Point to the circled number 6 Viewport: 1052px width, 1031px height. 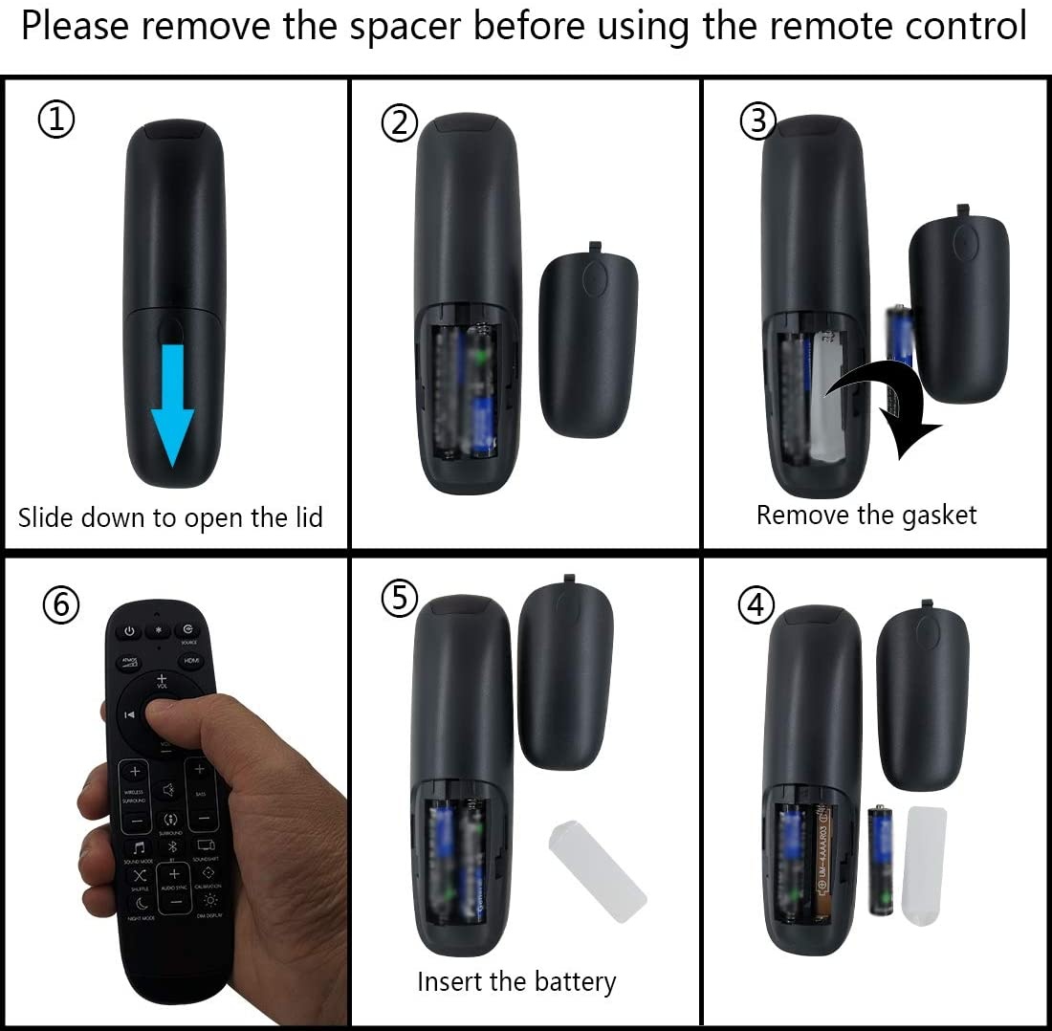(x=60, y=603)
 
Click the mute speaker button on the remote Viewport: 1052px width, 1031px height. (x=168, y=789)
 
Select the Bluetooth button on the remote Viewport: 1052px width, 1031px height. (x=173, y=847)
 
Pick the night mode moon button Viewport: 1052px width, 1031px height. (x=141, y=902)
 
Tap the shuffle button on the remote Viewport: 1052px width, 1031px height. (x=140, y=874)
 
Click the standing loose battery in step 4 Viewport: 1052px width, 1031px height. (x=880, y=860)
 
